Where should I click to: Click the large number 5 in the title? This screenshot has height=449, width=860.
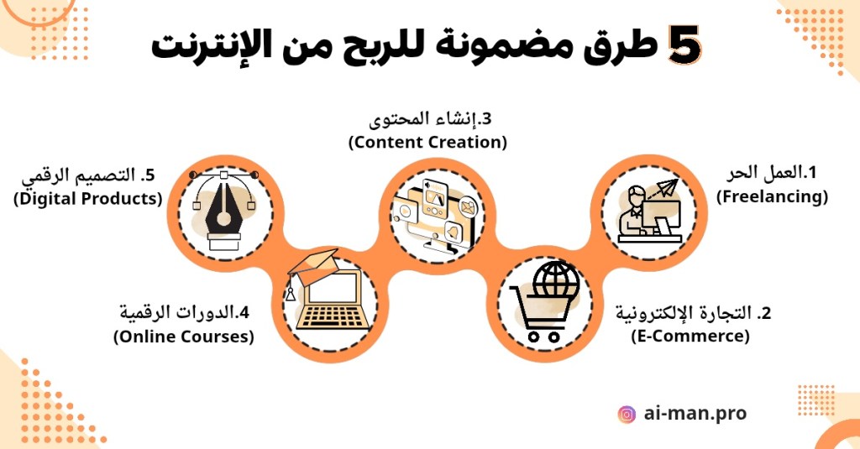click(x=684, y=45)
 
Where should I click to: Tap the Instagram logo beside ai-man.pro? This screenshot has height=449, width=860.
click(x=627, y=414)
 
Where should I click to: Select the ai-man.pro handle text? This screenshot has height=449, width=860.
click(x=695, y=413)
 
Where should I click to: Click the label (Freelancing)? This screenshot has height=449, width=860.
click(x=773, y=196)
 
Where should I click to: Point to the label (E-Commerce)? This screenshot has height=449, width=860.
click(x=690, y=335)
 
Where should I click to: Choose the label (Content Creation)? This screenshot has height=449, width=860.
click(x=427, y=142)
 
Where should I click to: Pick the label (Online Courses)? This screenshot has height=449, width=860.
click(x=184, y=336)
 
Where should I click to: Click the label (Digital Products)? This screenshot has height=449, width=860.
click(x=87, y=198)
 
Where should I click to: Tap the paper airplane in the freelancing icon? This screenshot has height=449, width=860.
click(x=666, y=188)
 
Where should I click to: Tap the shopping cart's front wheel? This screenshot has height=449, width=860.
click(x=533, y=336)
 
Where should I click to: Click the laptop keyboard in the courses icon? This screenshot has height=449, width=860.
click(x=333, y=317)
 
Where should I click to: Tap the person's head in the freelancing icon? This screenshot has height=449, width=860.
click(x=637, y=196)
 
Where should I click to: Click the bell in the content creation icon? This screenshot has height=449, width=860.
click(x=453, y=232)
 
